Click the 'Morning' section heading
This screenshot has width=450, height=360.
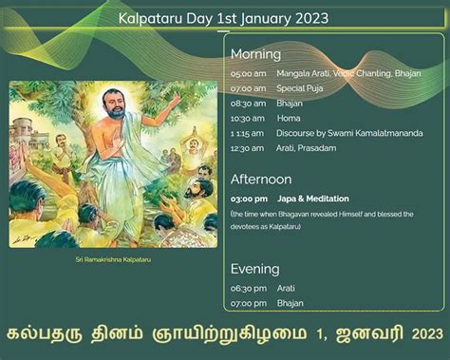click(x=255, y=54)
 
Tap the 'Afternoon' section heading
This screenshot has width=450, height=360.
click(x=261, y=180)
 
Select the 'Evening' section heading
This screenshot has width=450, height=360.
click(x=254, y=269)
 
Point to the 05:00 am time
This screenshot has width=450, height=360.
click(x=247, y=73)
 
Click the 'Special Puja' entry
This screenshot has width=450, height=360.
click(x=299, y=88)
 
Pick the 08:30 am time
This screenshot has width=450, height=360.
click(x=247, y=103)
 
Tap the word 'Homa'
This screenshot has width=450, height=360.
click(x=289, y=118)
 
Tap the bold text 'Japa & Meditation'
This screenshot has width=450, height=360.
click(x=313, y=199)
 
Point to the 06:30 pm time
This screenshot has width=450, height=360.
click(x=247, y=287)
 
